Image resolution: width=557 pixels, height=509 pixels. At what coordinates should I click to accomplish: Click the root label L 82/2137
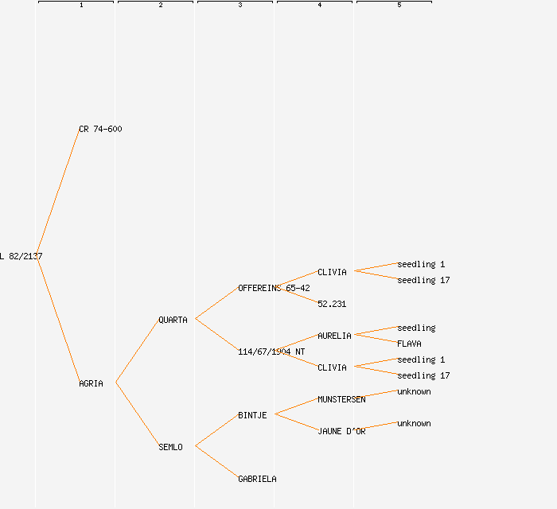(21, 256)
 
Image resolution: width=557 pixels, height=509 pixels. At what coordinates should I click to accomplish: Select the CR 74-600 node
(100, 129)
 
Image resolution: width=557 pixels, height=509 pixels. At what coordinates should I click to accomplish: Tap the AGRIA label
(91, 383)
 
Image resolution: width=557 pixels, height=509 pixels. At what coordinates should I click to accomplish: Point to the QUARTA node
(173, 320)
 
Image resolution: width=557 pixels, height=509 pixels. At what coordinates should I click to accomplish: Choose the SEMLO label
(170, 447)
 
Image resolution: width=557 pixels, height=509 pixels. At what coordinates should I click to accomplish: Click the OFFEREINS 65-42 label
(274, 288)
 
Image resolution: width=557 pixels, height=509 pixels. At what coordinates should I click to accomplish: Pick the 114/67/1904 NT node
(271, 352)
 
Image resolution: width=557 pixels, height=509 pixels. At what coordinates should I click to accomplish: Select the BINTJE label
(252, 415)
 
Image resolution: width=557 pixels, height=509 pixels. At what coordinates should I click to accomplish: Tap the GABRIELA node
(257, 479)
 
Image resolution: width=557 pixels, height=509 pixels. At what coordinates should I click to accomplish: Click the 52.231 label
(332, 304)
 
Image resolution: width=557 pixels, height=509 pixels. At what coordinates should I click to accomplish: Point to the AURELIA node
(334, 336)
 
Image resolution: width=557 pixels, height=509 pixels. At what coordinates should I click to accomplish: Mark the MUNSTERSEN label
(341, 399)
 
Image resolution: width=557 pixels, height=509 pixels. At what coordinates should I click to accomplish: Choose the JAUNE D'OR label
(341, 431)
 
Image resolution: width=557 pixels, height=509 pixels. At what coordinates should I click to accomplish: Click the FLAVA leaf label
(409, 344)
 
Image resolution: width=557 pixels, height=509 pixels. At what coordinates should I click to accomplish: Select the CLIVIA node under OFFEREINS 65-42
(332, 272)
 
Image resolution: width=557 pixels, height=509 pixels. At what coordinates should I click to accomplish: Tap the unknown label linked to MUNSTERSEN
(414, 391)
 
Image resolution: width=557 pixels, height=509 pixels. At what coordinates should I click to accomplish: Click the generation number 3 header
(240, 6)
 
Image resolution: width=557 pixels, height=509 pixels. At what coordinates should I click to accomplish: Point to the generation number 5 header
(399, 6)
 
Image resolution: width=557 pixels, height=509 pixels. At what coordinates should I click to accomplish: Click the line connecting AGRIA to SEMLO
(137, 414)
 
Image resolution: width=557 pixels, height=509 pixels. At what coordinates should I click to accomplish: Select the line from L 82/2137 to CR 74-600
(57, 192)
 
